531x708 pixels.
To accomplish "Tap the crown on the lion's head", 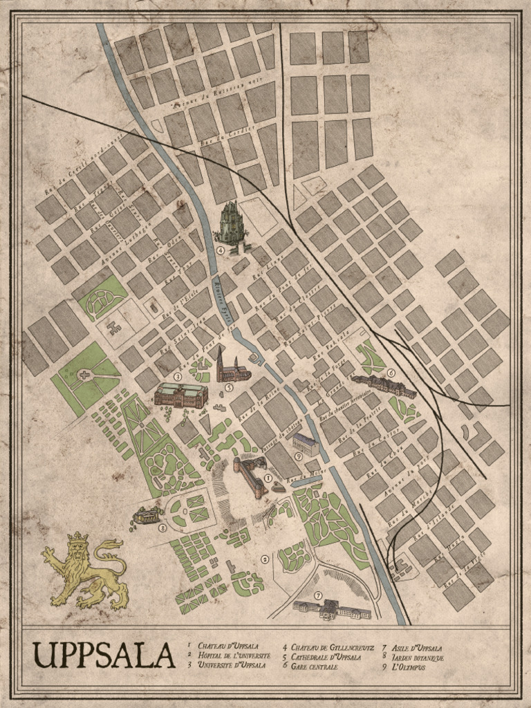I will click(x=78, y=537).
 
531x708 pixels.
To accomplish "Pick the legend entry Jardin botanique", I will click(x=417, y=658).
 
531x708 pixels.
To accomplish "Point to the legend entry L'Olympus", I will click(x=410, y=667).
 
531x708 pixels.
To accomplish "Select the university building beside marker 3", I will click(x=180, y=395).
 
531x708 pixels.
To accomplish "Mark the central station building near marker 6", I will click(x=384, y=385).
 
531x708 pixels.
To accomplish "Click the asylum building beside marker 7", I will click(x=332, y=609).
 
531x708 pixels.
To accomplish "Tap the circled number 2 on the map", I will click(x=264, y=559).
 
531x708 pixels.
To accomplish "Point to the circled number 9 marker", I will click(x=298, y=456).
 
